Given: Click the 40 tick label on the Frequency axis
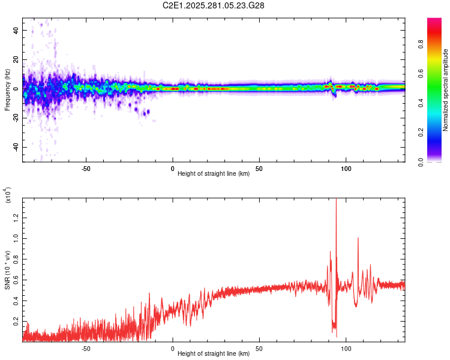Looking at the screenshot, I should [x=15, y=30].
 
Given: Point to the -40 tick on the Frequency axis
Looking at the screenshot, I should [x=15, y=147].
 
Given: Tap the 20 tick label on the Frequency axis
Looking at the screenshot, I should [x=15, y=59].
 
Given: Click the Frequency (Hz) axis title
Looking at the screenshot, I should [x=7, y=90].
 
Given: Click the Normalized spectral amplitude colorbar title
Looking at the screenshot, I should [x=445, y=90].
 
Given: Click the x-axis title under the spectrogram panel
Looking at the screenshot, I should [x=214, y=174].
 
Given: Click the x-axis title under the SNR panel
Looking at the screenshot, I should [x=214, y=350].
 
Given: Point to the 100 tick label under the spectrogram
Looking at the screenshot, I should [x=346, y=167].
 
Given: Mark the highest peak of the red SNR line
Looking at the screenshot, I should [x=336, y=199].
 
